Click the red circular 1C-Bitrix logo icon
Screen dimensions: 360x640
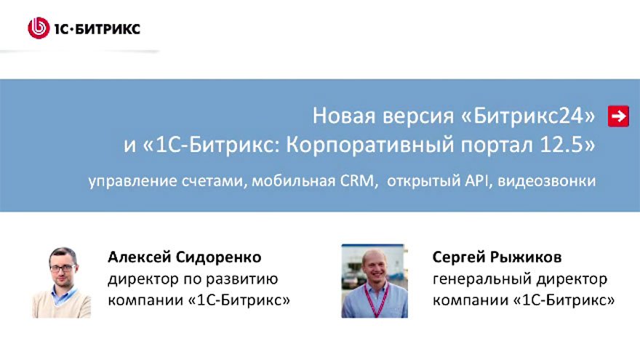click(x=38, y=28)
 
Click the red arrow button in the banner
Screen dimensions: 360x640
click(x=618, y=116)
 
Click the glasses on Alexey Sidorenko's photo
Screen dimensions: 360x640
click(x=63, y=267)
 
